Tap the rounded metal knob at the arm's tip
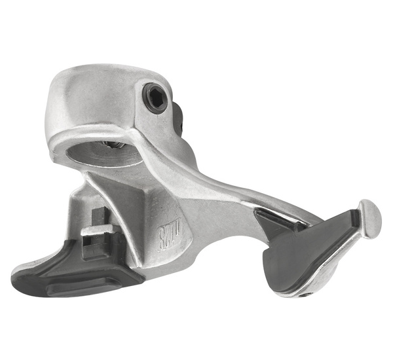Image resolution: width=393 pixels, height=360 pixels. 370,217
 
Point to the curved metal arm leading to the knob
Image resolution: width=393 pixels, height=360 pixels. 262,196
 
